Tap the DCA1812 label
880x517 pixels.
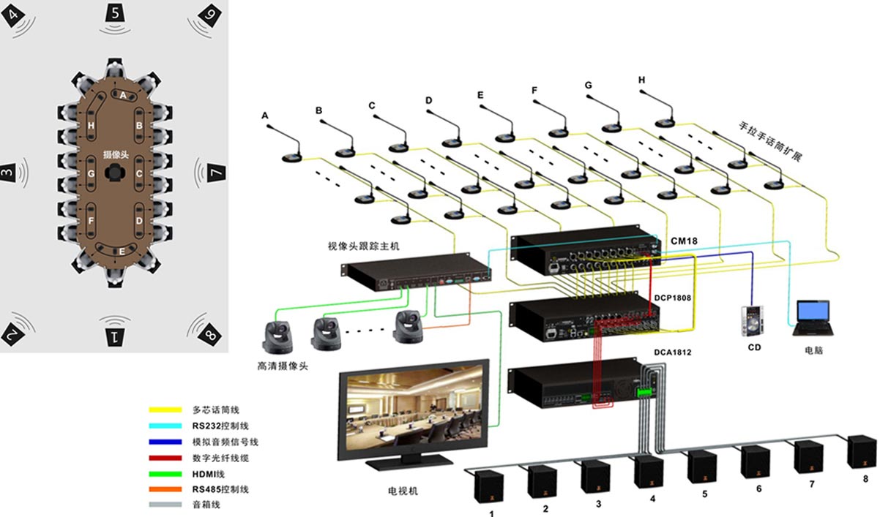tap(673, 352)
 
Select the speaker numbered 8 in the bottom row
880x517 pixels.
tap(862, 452)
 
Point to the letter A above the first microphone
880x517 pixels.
tap(264, 116)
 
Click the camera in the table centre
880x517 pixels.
tap(116, 173)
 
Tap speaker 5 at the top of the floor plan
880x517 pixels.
tap(116, 13)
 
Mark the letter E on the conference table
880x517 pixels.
tap(121, 252)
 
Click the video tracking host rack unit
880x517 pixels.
tap(416, 270)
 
